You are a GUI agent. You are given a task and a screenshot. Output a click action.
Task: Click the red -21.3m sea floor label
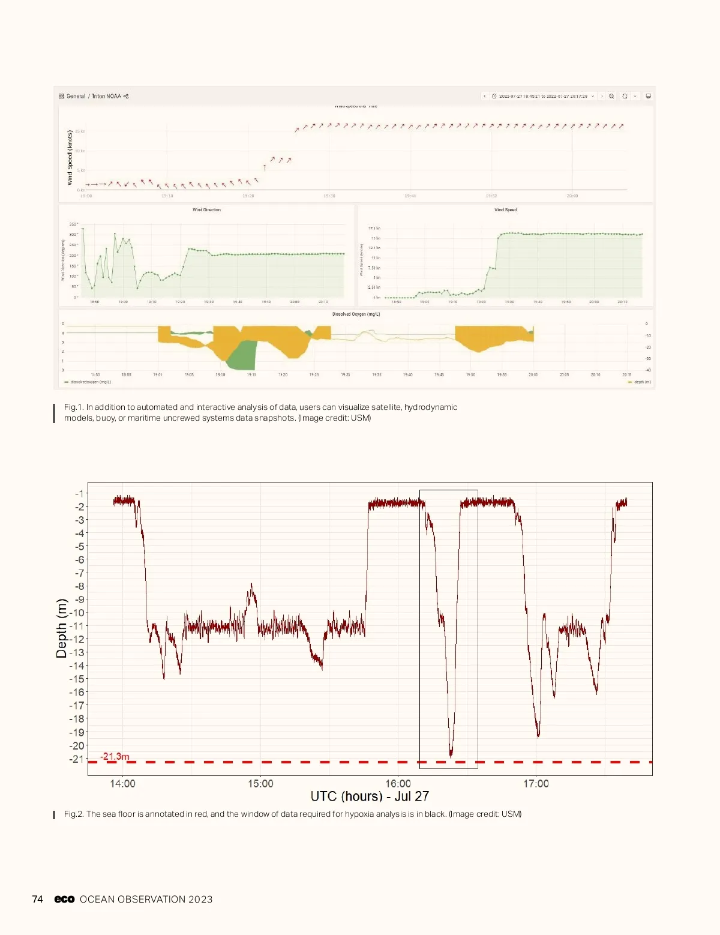[x=115, y=756]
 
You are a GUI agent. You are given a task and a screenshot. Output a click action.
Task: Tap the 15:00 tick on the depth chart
[x=260, y=783]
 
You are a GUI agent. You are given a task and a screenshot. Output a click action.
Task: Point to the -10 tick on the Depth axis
[x=77, y=613]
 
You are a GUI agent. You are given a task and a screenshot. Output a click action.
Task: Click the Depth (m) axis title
[x=61, y=628]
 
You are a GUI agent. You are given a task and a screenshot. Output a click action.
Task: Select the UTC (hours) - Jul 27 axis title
[x=370, y=796]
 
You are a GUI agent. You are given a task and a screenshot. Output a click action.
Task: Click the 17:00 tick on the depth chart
[x=536, y=783]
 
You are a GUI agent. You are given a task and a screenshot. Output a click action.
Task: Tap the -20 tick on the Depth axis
[x=77, y=745]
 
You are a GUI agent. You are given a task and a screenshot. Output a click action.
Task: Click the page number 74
[x=37, y=899]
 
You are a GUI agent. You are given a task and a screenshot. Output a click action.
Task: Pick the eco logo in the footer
[x=64, y=899]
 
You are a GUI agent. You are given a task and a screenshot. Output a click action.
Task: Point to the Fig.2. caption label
[x=74, y=814]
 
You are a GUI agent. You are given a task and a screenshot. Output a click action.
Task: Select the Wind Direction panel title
[x=206, y=210]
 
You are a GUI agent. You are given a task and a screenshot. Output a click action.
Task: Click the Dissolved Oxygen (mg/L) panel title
[x=356, y=314]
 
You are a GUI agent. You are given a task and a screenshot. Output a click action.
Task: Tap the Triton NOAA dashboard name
[x=106, y=96]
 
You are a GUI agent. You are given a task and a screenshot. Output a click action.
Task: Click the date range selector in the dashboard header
[x=542, y=96]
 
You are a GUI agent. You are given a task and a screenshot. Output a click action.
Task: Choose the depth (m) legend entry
[x=641, y=382]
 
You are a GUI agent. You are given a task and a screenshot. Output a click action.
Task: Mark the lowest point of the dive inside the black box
[x=451, y=754]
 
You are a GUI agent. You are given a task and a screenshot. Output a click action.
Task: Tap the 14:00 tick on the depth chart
[x=122, y=783]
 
